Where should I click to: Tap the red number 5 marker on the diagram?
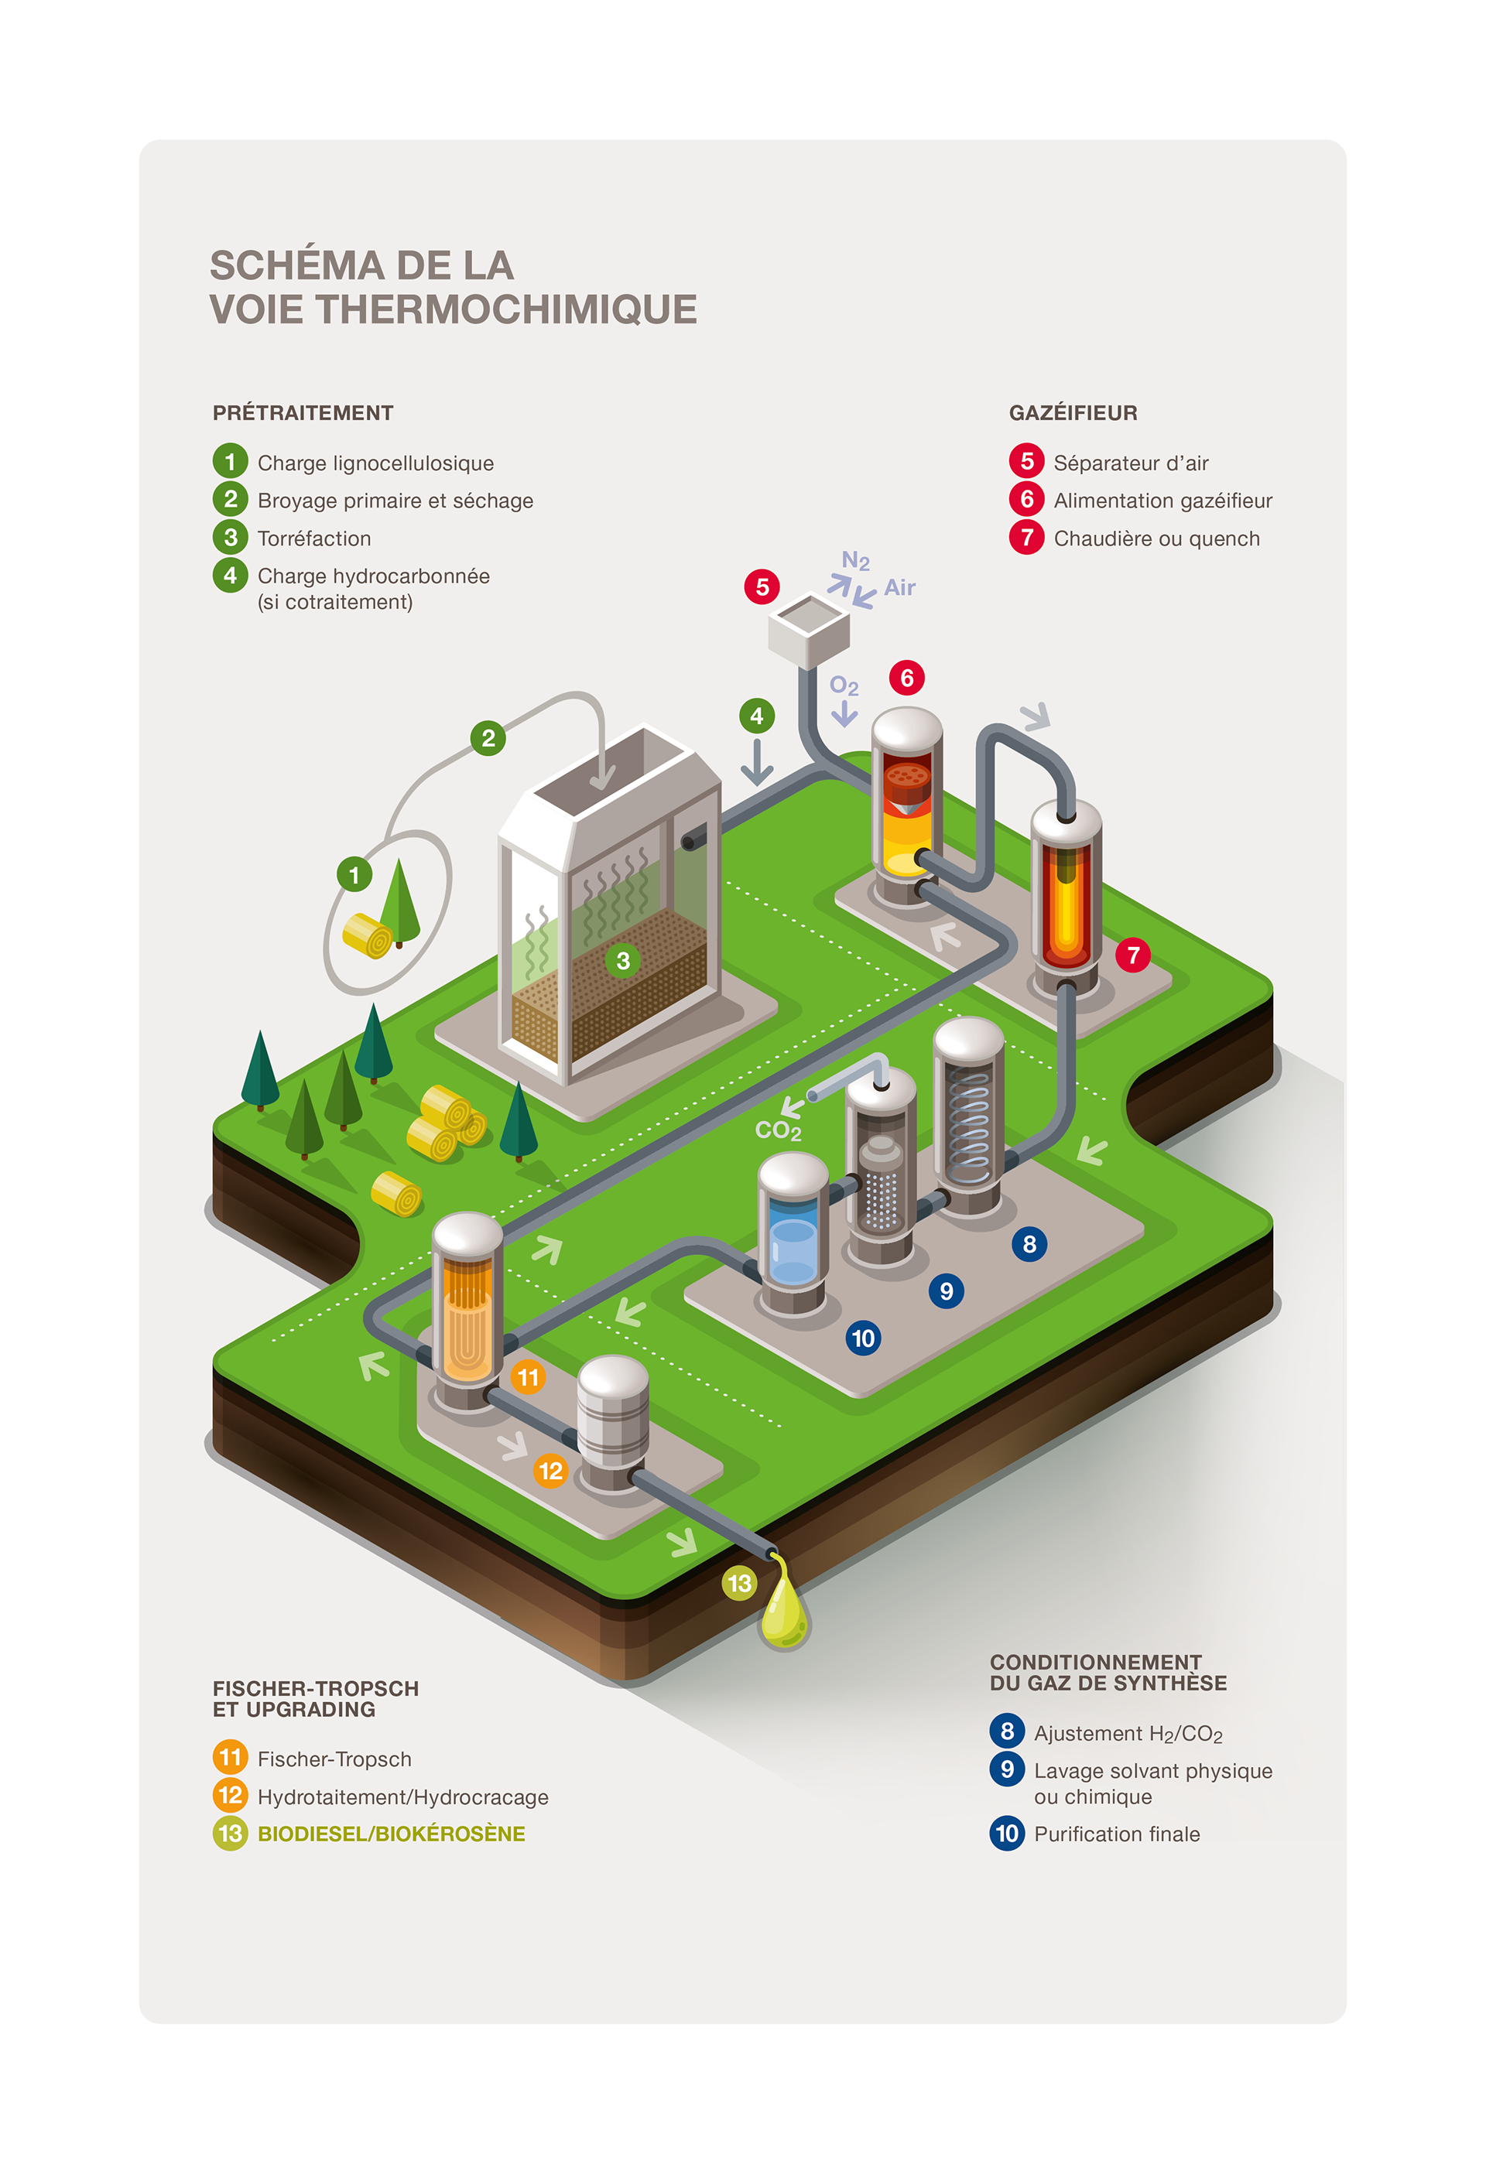click(762, 586)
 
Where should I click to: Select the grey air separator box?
click(809, 631)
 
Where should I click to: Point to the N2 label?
click(855, 561)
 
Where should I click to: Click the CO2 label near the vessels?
click(778, 1130)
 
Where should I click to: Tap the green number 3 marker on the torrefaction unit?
click(623, 960)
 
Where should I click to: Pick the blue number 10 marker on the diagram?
click(863, 1338)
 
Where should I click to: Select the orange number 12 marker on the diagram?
click(550, 1470)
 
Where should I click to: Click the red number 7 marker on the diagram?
click(1133, 955)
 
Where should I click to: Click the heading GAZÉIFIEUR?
click(1073, 412)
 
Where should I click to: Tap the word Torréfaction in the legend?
click(314, 538)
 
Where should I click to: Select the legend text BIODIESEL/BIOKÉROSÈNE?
click(392, 1834)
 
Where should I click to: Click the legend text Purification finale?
click(1116, 1834)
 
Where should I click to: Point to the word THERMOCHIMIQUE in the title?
click(506, 310)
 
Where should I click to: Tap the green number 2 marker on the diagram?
click(488, 738)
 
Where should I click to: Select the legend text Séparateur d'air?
click(1130, 463)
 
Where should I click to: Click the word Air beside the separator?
click(899, 587)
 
